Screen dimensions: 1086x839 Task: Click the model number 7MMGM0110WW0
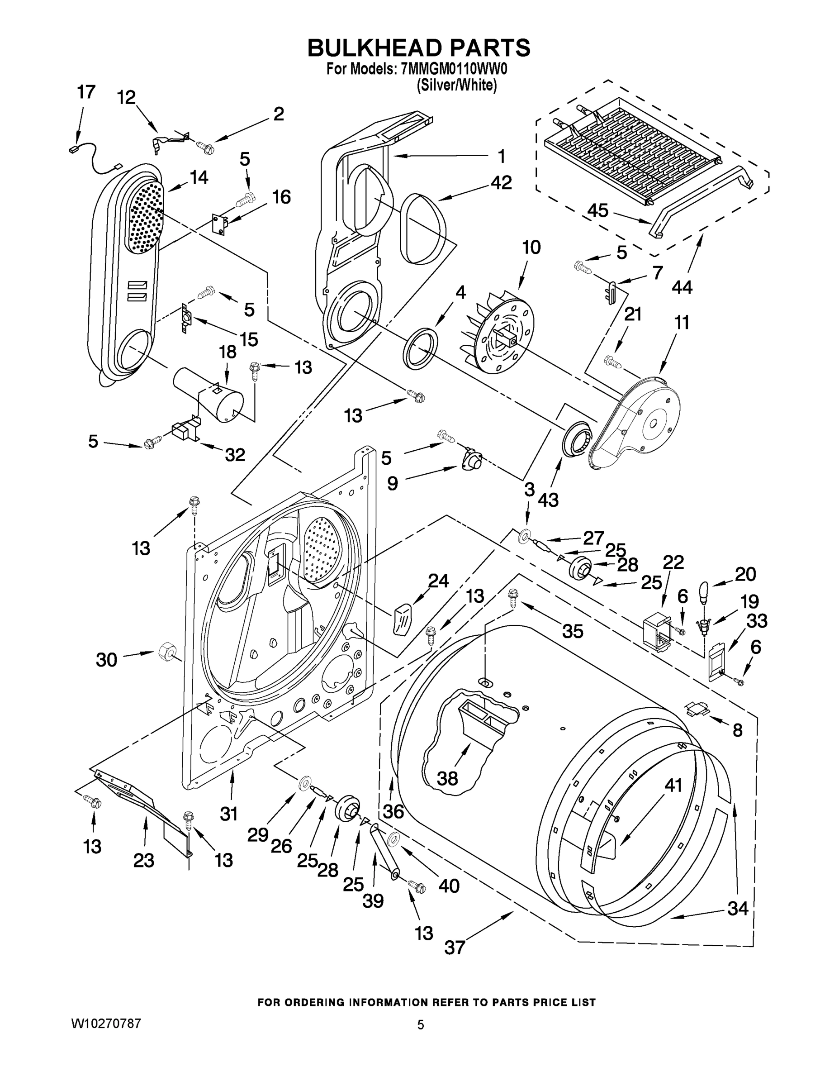(x=453, y=69)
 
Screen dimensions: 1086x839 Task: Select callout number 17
(x=85, y=92)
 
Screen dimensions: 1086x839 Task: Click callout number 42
(x=501, y=182)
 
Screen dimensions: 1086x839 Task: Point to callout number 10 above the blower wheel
(x=531, y=247)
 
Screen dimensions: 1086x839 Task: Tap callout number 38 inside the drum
(x=447, y=778)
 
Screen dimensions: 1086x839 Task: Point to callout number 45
(x=597, y=211)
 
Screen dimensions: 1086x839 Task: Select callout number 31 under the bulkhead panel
(x=229, y=814)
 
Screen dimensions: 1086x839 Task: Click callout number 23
(x=144, y=860)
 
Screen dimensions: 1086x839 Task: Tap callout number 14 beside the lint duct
(x=199, y=177)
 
